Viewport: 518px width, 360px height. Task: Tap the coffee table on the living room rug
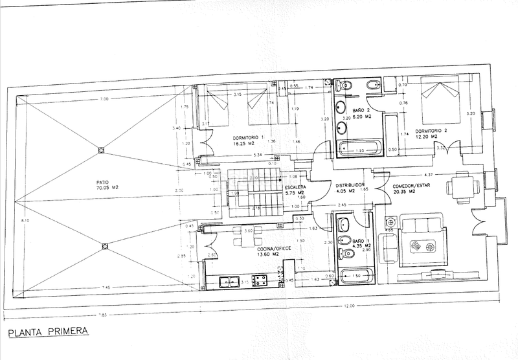[x=425, y=246]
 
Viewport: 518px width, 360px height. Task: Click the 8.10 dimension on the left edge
[x=7, y=221]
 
